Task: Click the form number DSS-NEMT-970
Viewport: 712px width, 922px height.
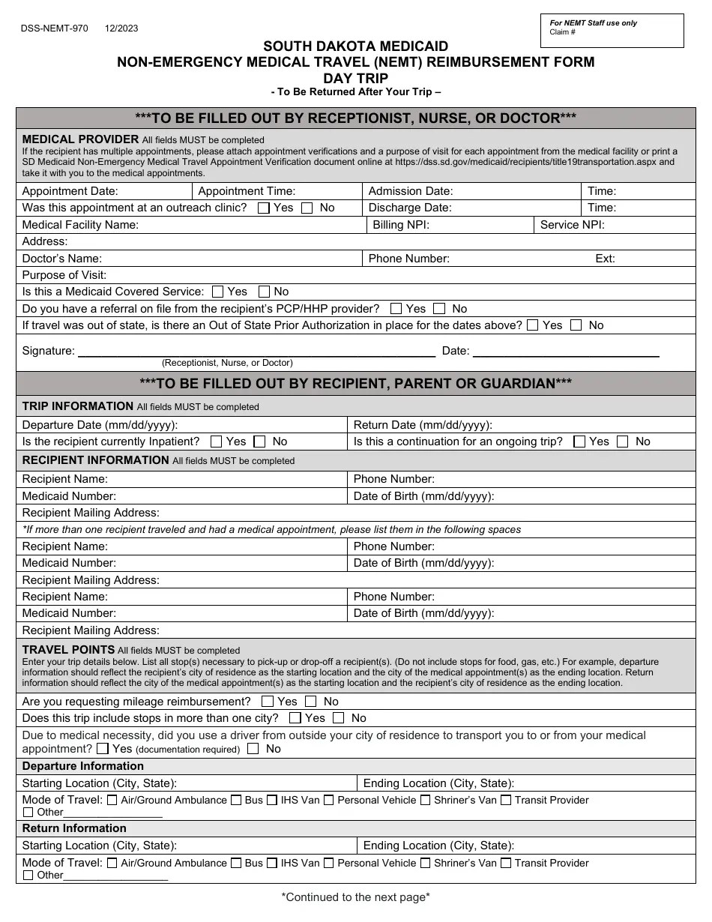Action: click(55, 28)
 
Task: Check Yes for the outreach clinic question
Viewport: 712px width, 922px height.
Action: click(264, 208)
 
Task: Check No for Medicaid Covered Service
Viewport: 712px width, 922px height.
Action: click(264, 292)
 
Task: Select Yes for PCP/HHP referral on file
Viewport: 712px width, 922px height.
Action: click(396, 309)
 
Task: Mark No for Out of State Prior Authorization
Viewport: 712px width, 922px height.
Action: click(576, 325)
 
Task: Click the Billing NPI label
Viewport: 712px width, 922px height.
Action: click(401, 225)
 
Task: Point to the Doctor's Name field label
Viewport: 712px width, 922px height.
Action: click(61, 259)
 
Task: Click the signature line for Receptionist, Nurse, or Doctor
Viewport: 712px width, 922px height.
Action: click(256, 351)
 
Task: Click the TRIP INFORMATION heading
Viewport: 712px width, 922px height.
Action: click(78, 406)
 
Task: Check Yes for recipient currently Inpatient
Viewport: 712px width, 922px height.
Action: click(217, 442)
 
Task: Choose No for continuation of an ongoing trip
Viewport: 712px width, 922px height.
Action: click(622, 442)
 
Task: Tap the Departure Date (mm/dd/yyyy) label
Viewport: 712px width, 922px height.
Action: click(100, 425)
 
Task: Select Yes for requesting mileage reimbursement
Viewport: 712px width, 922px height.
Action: click(268, 702)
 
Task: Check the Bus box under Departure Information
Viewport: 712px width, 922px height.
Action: click(236, 801)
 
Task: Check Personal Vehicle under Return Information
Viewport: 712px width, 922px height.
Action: click(329, 863)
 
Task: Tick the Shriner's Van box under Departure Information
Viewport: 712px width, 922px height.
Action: click(425, 801)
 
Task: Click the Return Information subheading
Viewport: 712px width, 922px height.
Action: click(74, 828)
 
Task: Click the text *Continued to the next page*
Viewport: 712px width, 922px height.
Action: click(355, 897)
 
